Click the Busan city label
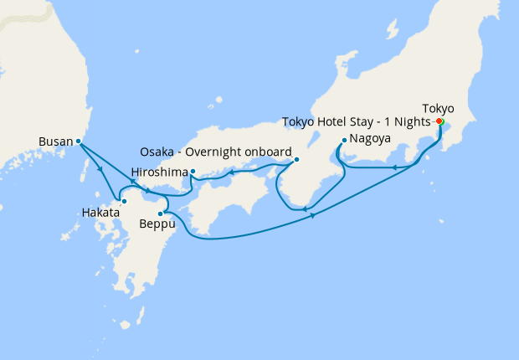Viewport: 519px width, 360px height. (56, 141)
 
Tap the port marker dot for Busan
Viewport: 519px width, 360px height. (78, 141)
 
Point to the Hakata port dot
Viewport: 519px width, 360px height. (124, 201)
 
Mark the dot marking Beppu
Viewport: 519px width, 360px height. (160, 213)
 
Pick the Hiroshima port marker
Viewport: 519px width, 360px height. (193, 172)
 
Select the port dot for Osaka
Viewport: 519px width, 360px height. (295, 159)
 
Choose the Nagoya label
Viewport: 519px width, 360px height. (371, 138)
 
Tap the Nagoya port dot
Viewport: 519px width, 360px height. (344, 140)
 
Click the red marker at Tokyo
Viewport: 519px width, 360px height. (439, 121)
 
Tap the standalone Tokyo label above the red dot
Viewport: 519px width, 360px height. (439, 108)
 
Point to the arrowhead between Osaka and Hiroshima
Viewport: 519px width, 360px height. (232, 173)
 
